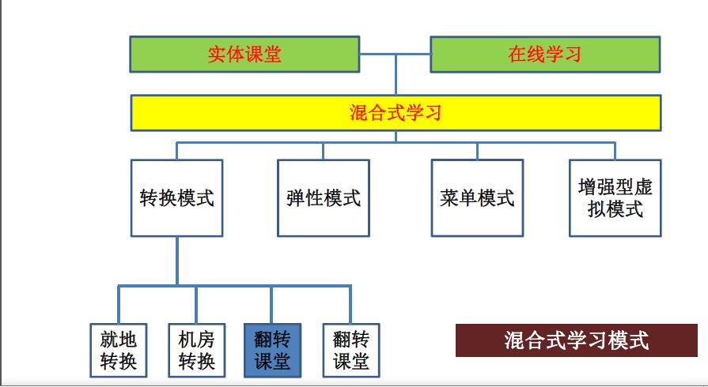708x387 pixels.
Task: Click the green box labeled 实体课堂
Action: [244, 54]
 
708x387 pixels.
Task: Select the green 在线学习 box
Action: [545, 54]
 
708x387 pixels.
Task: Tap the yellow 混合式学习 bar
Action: [396, 112]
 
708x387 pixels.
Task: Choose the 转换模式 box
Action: [176, 197]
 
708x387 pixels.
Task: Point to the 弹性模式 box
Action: [324, 197]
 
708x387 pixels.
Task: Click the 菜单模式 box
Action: [477, 197]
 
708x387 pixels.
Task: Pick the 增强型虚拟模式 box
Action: [615, 197]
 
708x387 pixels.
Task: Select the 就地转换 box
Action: [119, 350]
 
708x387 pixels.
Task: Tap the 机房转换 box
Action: [196, 350]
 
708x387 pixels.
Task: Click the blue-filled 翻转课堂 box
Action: [272, 350]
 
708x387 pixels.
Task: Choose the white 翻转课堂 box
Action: [350, 350]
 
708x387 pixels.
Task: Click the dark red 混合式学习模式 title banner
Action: [576, 340]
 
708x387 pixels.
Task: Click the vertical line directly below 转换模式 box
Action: [176, 261]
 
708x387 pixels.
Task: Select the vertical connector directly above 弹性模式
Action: [323, 151]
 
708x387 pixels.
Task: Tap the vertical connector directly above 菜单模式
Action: [477, 151]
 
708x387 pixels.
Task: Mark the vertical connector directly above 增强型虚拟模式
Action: [615, 151]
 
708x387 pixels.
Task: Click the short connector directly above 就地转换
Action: [119, 305]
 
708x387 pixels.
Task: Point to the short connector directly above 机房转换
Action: [196, 305]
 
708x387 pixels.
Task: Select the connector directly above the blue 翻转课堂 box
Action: [272, 305]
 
